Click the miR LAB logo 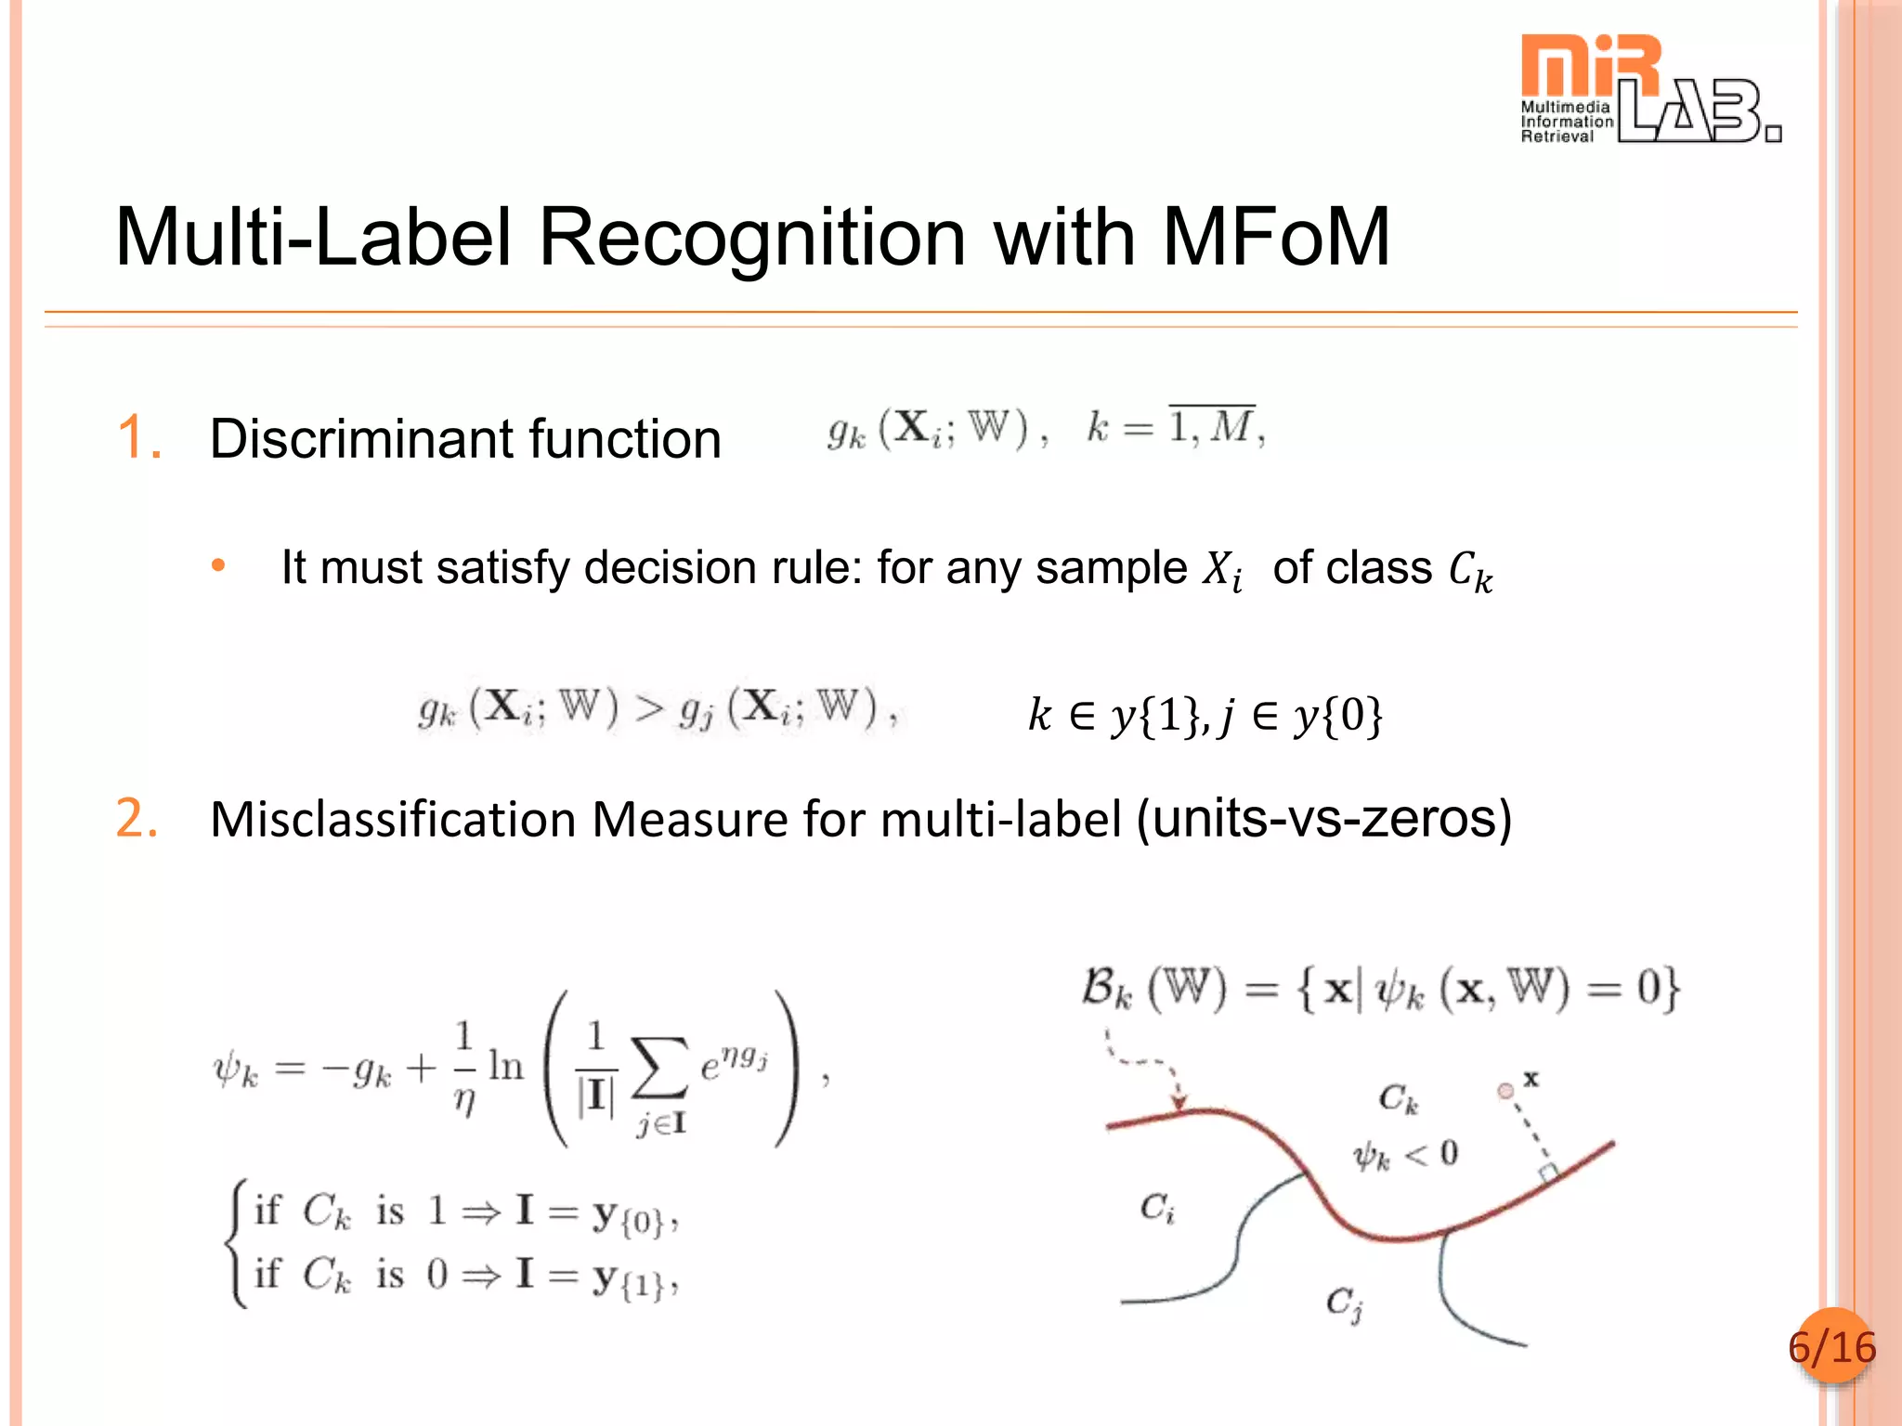1649,89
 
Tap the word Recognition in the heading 751,238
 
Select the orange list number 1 139,437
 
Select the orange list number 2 137,819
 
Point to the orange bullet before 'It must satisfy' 218,565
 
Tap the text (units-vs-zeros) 1324,819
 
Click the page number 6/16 1831,1347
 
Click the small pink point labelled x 1505,1091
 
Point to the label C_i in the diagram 1157,1208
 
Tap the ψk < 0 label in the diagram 1404,1155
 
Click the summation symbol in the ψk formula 658,1068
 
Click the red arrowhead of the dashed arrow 1179,1102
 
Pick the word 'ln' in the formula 506,1066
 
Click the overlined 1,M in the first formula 1212,427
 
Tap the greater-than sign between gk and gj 649,710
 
